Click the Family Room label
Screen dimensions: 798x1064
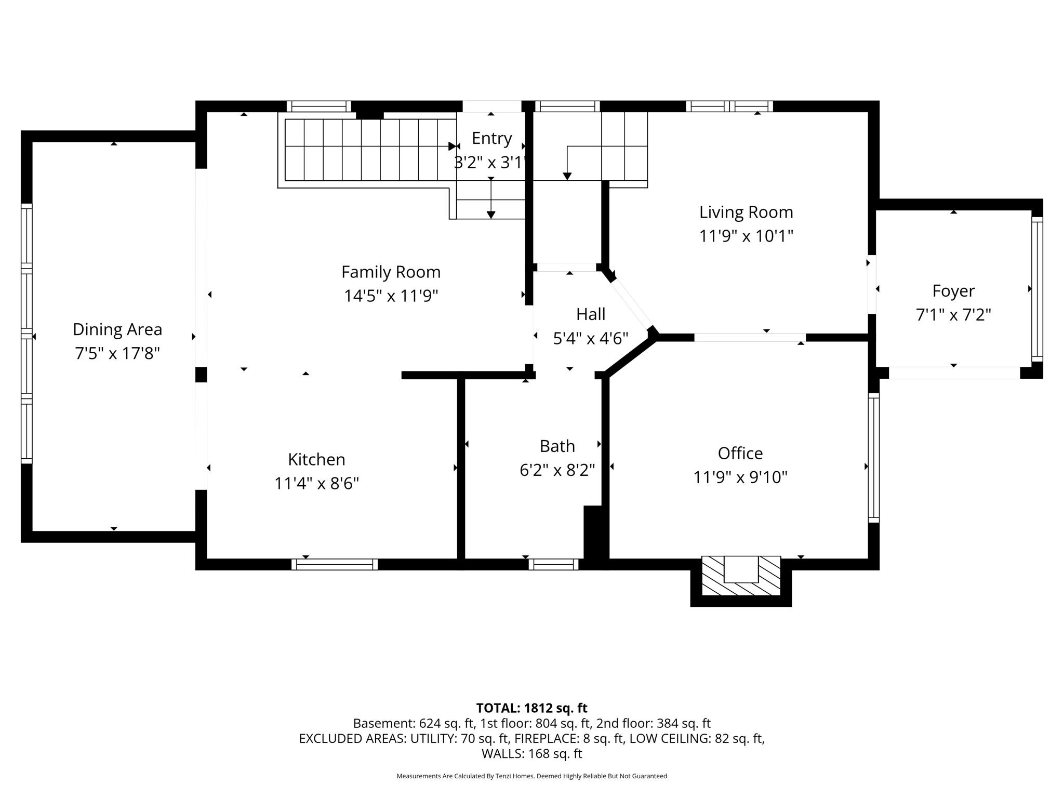click(x=391, y=272)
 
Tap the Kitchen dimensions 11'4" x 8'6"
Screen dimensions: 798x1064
click(x=316, y=484)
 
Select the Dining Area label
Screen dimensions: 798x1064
click(x=117, y=329)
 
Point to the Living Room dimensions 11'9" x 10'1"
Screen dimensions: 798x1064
click(x=746, y=236)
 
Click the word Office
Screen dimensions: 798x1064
click(x=740, y=453)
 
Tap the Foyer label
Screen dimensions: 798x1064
click(x=953, y=291)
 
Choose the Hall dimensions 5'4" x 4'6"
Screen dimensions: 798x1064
click(x=591, y=339)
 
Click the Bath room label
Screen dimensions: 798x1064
click(x=557, y=446)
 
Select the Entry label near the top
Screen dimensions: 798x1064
click(x=491, y=138)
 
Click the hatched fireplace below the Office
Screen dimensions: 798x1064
click(x=741, y=576)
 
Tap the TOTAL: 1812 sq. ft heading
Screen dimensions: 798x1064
click(x=531, y=708)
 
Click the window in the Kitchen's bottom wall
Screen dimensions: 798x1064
click(x=335, y=565)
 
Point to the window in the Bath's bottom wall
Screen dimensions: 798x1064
click(x=553, y=565)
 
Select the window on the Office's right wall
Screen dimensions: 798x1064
click(x=874, y=458)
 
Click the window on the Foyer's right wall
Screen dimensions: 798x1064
click(x=1037, y=289)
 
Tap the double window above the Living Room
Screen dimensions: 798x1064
click(x=729, y=107)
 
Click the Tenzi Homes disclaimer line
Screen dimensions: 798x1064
click(x=531, y=776)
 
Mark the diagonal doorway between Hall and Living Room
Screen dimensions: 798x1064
click(x=631, y=303)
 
